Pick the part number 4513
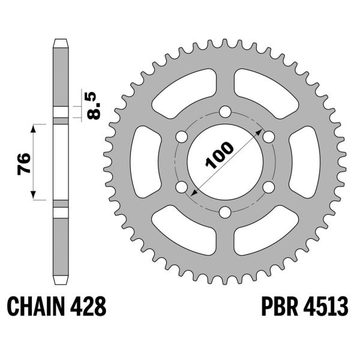328,307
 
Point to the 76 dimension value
25,163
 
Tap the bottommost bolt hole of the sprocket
225,212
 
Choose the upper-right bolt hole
269,136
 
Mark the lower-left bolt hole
181,187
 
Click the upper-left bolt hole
181,136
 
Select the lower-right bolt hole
269,187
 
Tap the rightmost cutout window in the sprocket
305,161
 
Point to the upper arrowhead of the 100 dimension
258,130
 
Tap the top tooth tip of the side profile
61,42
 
